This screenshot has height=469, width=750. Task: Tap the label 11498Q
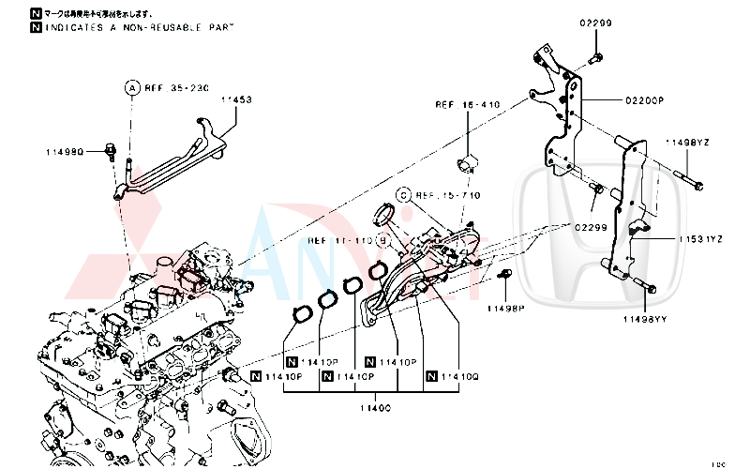click(66, 150)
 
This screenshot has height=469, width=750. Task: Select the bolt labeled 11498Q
click(111, 147)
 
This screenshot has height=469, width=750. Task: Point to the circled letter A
click(132, 87)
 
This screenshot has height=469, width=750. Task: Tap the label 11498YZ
click(687, 142)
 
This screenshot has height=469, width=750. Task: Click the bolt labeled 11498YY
click(645, 284)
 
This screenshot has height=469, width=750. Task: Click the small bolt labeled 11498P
click(504, 274)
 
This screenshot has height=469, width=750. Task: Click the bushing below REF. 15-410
click(467, 166)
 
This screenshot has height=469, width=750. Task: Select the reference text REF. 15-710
click(447, 195)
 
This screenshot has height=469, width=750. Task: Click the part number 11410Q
click(459, 376)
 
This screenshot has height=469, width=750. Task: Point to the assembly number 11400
click(375, 408)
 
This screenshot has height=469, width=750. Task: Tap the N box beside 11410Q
click(431, 376)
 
